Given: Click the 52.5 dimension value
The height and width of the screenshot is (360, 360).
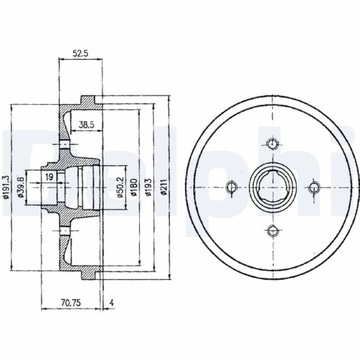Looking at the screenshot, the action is [x=80, y=53].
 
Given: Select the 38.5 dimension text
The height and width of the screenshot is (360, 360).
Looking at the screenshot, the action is [x=87, y=125].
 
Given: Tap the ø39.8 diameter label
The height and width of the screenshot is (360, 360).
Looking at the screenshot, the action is [x=21, y=188].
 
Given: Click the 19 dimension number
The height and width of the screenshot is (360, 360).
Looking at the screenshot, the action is [x=49, y=177].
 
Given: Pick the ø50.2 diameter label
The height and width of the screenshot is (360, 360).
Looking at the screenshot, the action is [x=120, y=187].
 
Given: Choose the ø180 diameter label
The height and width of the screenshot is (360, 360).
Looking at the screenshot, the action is [x=134, y=187].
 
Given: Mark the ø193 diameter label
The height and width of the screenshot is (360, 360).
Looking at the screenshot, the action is [x=148, y=187].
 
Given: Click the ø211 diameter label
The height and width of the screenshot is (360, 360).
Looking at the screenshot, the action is [x=163, y=187].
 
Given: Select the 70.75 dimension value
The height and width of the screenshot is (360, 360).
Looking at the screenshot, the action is [x=71, y=303].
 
